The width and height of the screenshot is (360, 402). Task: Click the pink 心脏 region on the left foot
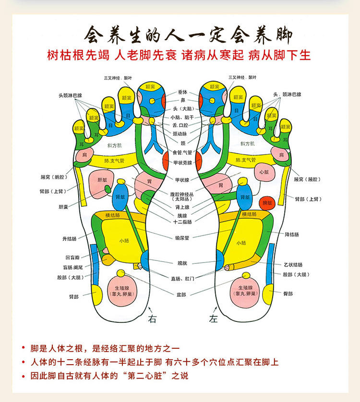pyautogui.click(x=264, y=172)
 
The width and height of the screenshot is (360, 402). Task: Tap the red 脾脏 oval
pyautogui.click(x=268, y=203)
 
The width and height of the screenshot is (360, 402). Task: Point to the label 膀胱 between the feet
pyautogui.click(x=182, y=263)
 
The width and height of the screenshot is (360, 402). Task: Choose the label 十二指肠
pyautogui.click(x=182, y=222)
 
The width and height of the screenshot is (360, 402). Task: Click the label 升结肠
pyautogui.click(x=69, y=238)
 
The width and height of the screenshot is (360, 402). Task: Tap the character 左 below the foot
pyautogui.click(x=213, y=319)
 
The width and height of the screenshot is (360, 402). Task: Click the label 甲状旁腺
pyautogui.click(x=182, y=163)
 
